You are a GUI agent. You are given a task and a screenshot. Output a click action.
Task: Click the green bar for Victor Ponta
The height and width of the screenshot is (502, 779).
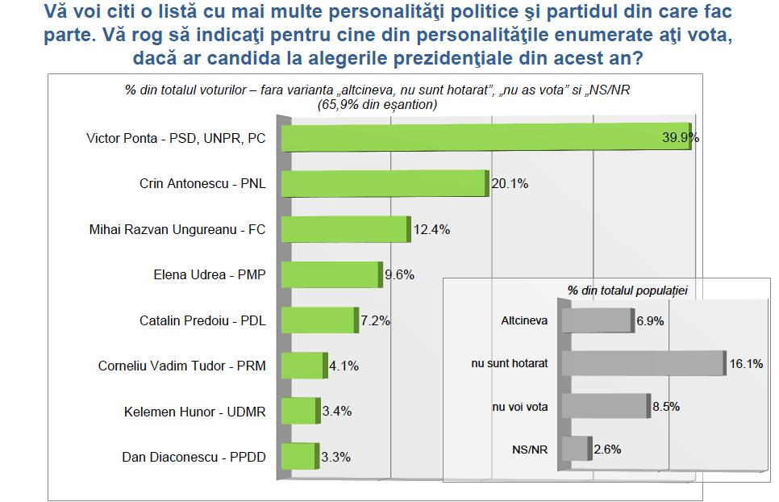tap(484, 138)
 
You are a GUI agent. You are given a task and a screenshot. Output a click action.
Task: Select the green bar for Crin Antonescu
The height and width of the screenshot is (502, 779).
tap(384, 184)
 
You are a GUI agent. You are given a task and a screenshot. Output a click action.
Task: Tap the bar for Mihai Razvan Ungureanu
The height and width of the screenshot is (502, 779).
tap(344, 230)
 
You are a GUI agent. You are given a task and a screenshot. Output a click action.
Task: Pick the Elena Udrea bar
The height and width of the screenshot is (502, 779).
tap(330, 275)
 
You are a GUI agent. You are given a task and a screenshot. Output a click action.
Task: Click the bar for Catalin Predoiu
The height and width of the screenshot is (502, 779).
tap(318, 320)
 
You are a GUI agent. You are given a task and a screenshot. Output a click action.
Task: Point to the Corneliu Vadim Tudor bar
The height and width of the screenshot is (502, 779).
tap(302, 366)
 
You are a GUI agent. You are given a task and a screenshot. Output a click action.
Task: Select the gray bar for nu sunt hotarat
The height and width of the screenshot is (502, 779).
tap(643, 364)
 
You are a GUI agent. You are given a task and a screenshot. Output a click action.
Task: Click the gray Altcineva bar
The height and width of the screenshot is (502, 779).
tap(597, 320)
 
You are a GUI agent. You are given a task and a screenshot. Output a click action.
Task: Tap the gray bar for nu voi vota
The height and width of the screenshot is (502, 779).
tap(605, 407)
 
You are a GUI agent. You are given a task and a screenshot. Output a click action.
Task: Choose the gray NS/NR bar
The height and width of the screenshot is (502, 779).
tap(575, 449)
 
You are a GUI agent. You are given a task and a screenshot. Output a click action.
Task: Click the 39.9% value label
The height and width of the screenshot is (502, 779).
tap(679, 137)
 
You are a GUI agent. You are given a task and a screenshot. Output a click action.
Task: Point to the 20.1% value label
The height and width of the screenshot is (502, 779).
tap(510, 184)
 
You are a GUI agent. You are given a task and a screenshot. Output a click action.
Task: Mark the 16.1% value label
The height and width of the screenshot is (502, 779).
tap(745, 364)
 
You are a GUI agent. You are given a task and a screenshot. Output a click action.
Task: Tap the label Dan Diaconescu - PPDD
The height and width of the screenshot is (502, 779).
tap(194, 458)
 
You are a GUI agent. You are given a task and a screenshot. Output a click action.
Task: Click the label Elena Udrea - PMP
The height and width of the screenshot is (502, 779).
tap(210, 275)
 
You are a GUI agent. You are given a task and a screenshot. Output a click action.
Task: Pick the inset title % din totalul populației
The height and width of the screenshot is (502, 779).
tap(621, 289)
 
